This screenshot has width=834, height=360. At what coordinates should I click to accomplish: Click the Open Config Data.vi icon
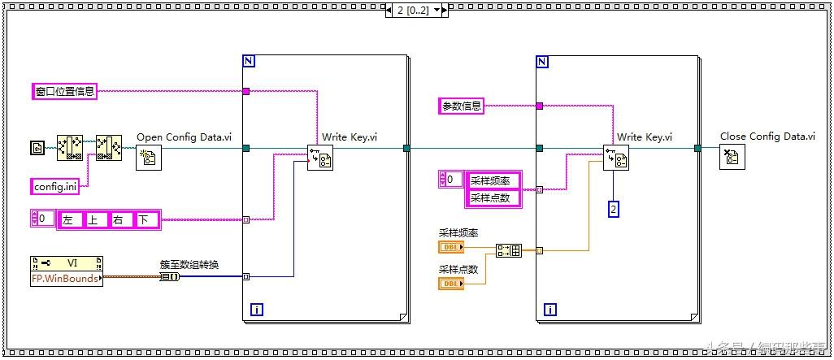[149, 158]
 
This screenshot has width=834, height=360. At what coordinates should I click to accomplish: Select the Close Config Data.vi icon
[732, 158]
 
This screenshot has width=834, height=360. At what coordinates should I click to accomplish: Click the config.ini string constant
[55, 186]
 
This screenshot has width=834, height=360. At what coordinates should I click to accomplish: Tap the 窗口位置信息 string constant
[64, 91]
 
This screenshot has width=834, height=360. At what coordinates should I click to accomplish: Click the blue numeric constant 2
[615, 210]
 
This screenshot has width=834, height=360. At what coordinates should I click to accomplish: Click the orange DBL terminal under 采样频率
[451, 247]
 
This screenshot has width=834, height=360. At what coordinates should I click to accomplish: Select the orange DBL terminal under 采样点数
[451, 283]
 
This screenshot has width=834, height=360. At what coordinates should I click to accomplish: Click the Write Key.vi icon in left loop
[319, 158]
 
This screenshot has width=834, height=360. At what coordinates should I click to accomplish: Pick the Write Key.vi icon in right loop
[615, 158]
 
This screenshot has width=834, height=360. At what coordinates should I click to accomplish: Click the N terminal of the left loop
[249, 62]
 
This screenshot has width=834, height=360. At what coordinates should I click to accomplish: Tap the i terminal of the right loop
[551, 310]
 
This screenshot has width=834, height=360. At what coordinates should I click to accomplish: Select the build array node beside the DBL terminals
[508, 250]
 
